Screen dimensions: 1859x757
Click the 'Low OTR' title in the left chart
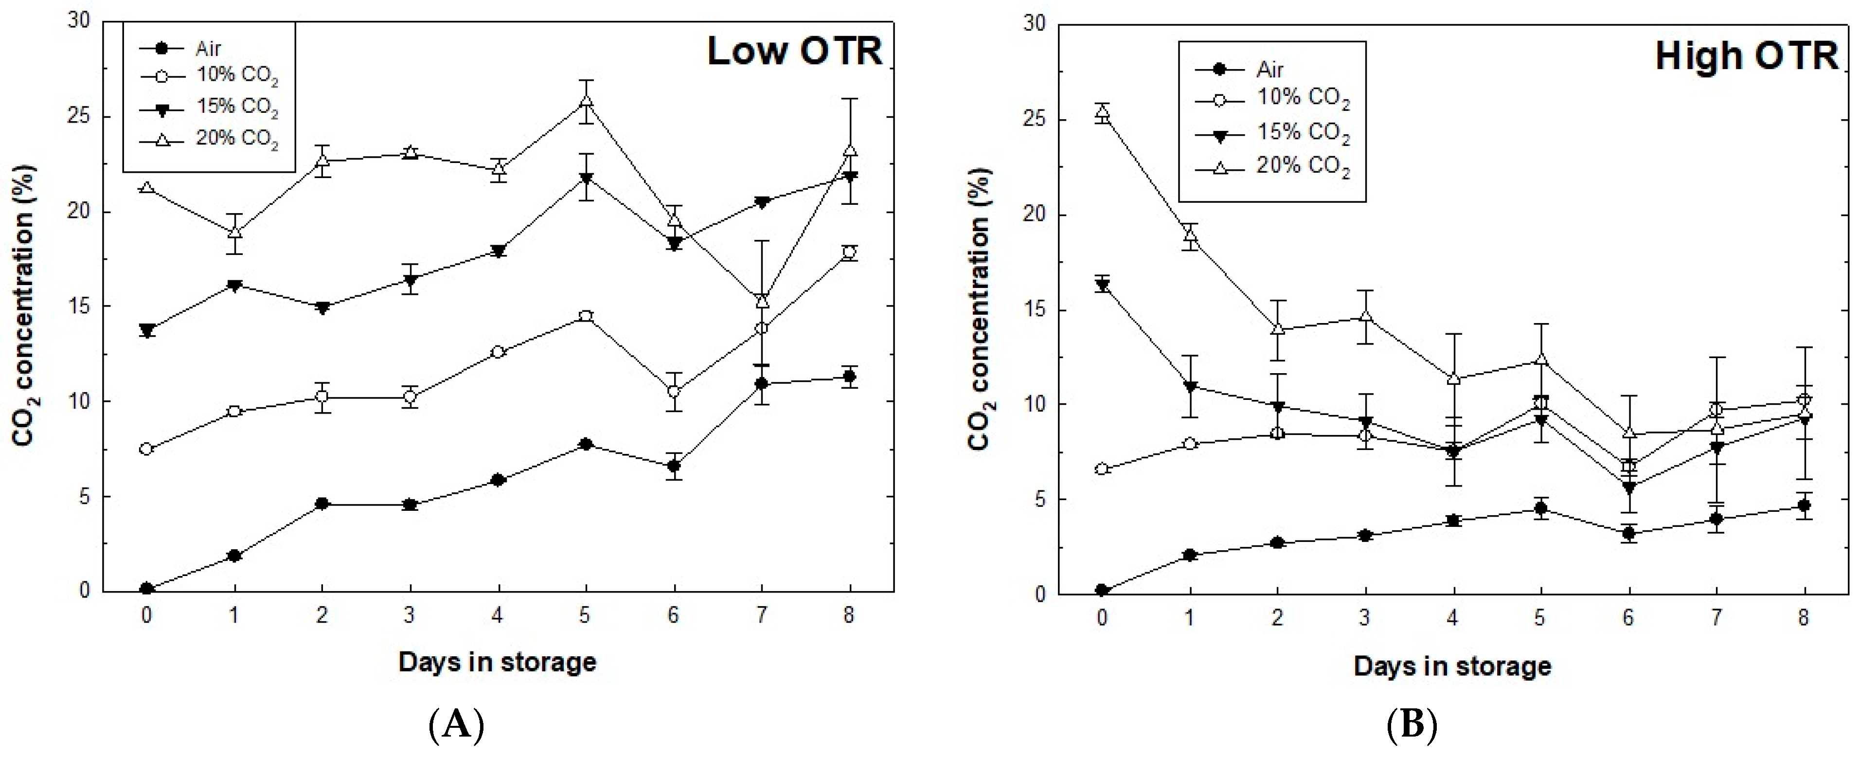click(x=795, y=51)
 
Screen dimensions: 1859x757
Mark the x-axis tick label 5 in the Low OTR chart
click(x=585, y=615)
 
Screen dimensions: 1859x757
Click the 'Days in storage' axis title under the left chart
click(x=497, y=662)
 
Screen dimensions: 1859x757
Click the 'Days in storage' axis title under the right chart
click(x=1453, y=666)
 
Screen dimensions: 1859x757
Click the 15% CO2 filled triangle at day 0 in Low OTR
click(x=146, y=330)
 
